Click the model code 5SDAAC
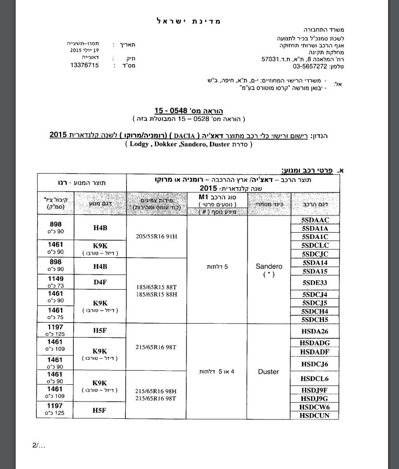pyautogui.click(x=314, y=220)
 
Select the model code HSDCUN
pyautogui.click(x=314, y=415)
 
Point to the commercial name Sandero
pyautogui.click(x=268, y=266)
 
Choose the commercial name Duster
pyautogui.click(x=268, y=372)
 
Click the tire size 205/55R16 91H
pyautogui.click(x=156, y=236)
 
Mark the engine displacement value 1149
pyautogui.click(x=55, y=279)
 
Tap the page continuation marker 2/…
pyautogui.click(x=39, y=445)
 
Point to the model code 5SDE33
pyautogui.click(x=314, y=282)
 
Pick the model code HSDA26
pyautogui.click(x=314, y=331)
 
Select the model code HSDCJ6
pyautogui.click(x=314, y=364)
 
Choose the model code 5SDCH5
pyautogui.click(x=314, y=319)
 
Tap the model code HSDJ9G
pyautogui.click(x=314, y=398)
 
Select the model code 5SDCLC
pyautogui.click(x=314, y=245)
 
